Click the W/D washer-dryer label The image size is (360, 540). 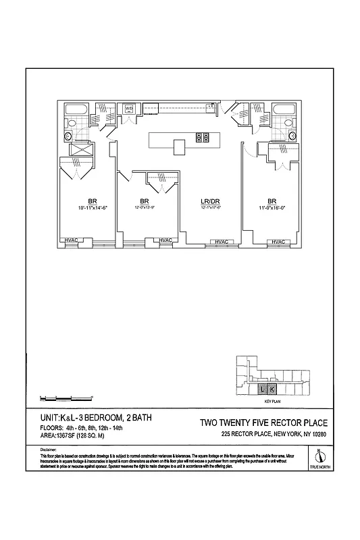click(128, 108)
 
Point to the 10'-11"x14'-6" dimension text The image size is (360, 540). click(93, 209)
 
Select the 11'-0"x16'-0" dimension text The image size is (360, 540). click(272, 209)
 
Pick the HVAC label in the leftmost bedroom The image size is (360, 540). click(70, 240)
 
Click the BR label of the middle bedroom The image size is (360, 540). click(144, 201)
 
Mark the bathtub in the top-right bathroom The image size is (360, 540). click(282, 109)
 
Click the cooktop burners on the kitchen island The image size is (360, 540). click(201, 137)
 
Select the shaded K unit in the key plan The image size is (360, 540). click(272, 390)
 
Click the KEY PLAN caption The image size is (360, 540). click(272, 402)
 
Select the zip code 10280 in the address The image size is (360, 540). click(317, 433)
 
